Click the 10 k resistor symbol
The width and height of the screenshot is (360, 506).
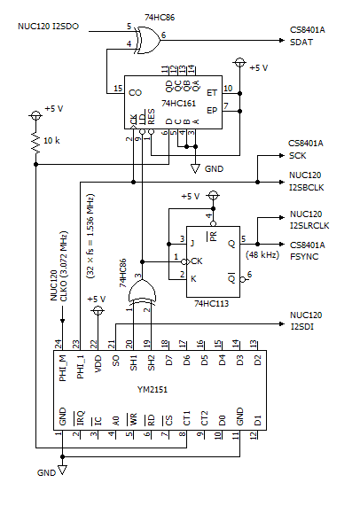pos(35,142)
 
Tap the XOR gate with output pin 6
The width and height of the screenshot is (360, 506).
pos(147,40)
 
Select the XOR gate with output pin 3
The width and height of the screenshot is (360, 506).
pos(142,292)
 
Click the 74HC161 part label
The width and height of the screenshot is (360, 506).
pos(178,104)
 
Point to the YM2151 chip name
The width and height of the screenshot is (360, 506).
pos(153,390)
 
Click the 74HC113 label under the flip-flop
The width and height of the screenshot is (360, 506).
pos(212,303)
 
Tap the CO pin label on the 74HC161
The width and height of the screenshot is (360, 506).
pos(136,93)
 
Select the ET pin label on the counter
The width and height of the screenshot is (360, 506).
pos(212,93)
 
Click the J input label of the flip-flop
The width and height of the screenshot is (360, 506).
pos(192,242)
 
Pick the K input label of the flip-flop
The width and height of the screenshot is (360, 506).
pos(193,279)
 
